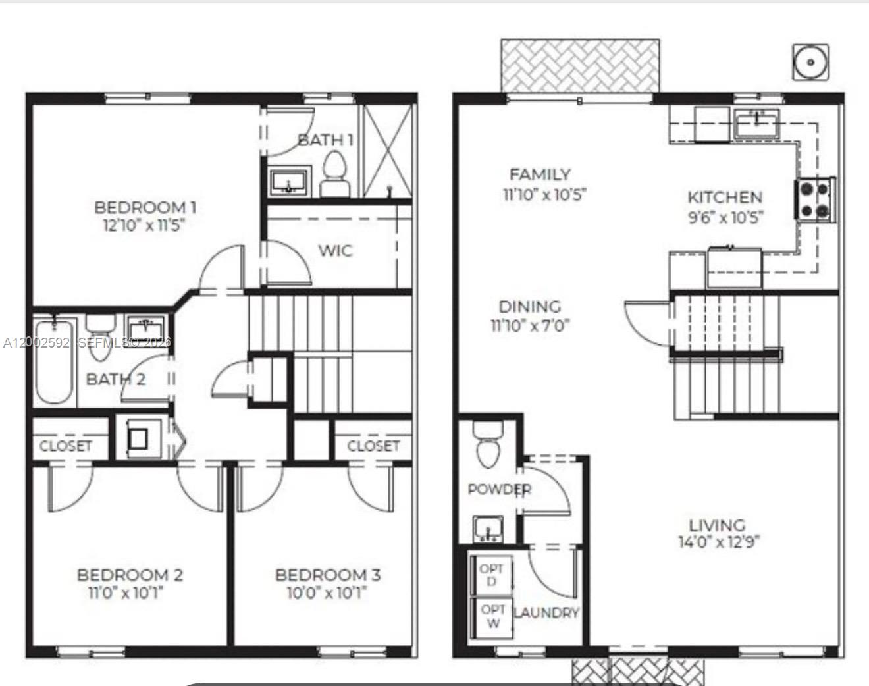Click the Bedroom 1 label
coord(145,207)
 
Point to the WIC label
coord(336,251)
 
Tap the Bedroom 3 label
coord(327,575)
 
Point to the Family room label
coord(540,174)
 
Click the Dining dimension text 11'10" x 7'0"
coord(530,325)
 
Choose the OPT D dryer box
coord(491,575)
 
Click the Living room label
coord(717,525)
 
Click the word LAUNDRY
coord(546,613)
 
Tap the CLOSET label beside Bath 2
coord(65,446)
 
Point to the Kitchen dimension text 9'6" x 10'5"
coord(725,217)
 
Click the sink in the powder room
coord(488,529)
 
